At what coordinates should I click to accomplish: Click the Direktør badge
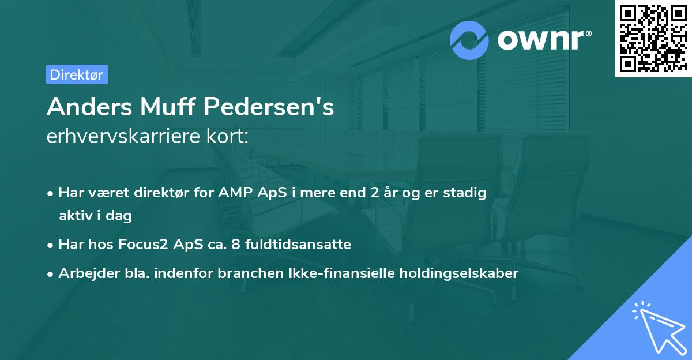[x=77, y=74]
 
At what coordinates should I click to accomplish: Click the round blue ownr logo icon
[x=469, y=40]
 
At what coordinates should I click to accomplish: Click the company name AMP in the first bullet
[x=234, y=193]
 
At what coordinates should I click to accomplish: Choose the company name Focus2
[x=141, y=245]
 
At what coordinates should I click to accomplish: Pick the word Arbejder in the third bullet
[x=84, y=273]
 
